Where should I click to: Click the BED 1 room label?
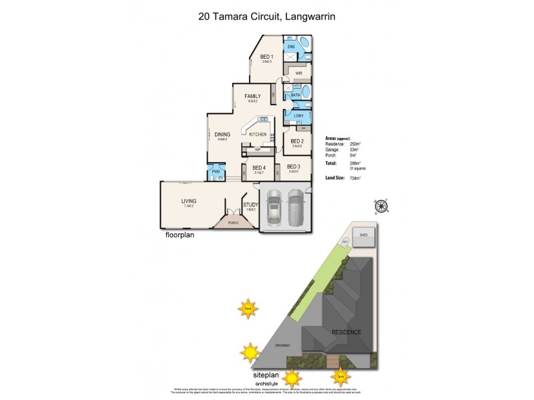(x=266, y=57)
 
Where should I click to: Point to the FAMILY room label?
(x=252, y=96)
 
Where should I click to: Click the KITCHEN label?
(x=258, y=135)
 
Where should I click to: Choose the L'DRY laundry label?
(x=298, y=117)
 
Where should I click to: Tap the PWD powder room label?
(x=216, y=172)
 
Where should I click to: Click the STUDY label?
(x=250, y=205)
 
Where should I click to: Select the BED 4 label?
(x=259, y=167)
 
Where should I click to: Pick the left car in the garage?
(x=274, y=208)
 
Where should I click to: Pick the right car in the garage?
(x=295, y=208)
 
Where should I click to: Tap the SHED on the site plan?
(x=364, y=235)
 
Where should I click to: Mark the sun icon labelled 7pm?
(x=340, y=377)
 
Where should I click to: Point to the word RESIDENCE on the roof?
(x=346, y=331)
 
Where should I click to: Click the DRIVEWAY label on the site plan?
(x=283, y=345)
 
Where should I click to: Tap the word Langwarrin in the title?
(x=310, y=17)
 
